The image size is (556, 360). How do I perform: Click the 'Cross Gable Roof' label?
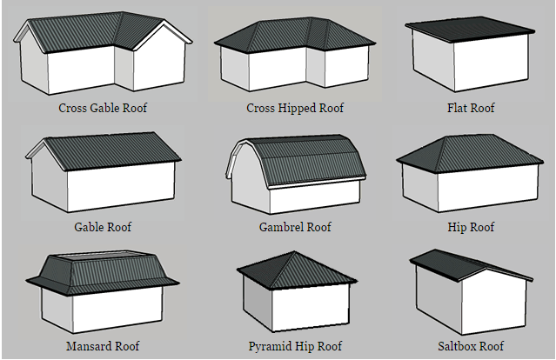[x=103, y=108]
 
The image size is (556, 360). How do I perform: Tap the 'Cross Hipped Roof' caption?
[x=295, y=108]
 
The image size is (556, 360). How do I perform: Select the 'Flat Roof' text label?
[x=471, y=108]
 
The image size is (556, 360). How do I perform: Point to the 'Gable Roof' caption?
[x=103, y=227]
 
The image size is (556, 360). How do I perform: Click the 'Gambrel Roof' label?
[x=295, y=227]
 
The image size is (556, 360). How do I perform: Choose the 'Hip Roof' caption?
[x=471, y=227]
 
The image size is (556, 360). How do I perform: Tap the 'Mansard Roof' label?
[x=103, y=346]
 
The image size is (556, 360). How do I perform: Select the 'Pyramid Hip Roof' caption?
[x=295, y=346]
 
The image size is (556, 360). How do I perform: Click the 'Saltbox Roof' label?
[x=471, y=346]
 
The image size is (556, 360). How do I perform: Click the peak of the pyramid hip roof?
[x=294, y=251]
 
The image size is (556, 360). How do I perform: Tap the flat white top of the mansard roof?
[x=102, y=257]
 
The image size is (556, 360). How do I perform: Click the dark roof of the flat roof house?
[x=470, y=29]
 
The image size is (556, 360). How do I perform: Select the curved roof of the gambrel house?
[x=305, y=159]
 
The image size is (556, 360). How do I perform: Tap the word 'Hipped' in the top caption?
[x=298, y=109]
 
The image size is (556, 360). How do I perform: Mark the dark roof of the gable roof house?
[x=111, y=150]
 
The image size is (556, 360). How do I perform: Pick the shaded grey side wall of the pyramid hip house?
[x=258, y=302]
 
